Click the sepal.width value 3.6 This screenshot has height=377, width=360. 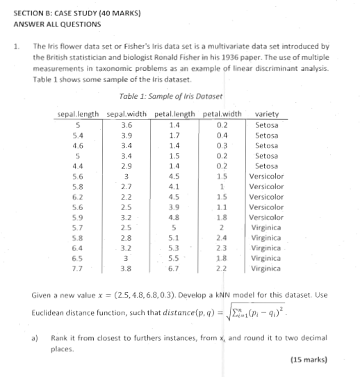pyautogui.click(x=126, y=125)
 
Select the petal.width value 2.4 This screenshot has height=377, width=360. pyautogui.click(x=221, y=237)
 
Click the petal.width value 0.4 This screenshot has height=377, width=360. pyautogui.click(x=222, y=135)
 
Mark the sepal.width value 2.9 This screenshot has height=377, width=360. pyautogui.click(x=126, y=166)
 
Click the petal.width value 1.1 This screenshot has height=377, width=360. pyautogui.click(x=221, y=207)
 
